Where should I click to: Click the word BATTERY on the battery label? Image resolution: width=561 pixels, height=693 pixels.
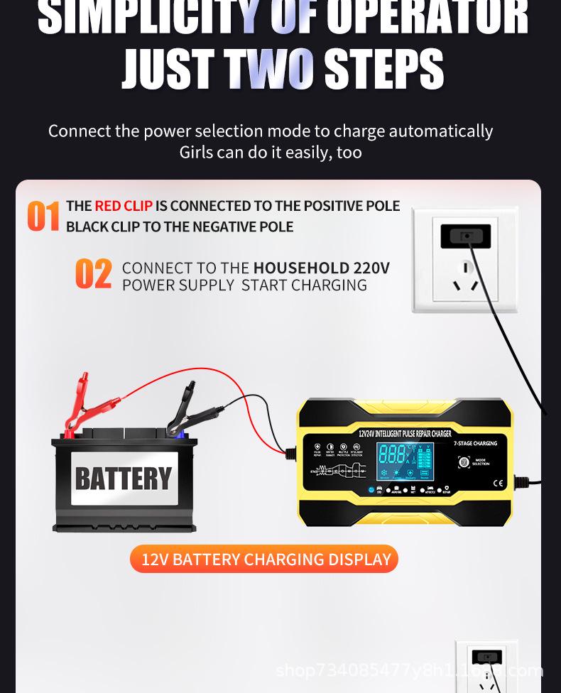[124, 479]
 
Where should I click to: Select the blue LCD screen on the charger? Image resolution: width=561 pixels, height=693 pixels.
[404, 462]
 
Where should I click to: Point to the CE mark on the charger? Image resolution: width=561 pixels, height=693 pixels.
[497, 484]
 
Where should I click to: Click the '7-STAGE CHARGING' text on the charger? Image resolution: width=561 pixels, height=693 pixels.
[475, 444]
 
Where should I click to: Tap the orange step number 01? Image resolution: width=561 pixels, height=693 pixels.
[43, 216]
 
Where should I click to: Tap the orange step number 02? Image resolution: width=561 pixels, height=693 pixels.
[94, 275]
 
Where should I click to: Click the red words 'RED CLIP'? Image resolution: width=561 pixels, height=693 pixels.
[124, 206]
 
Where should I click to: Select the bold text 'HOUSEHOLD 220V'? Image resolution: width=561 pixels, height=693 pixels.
[322, 268]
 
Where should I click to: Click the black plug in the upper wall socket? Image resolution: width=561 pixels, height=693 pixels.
[465, 236]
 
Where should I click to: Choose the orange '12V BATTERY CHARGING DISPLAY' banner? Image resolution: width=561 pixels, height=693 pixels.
[264, 560]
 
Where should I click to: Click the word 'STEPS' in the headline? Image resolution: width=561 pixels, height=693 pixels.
[383, 70]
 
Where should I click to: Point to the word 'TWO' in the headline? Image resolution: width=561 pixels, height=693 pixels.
[270, 70]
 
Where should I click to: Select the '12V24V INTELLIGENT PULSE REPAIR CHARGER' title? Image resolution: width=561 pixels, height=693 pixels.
[405, 433]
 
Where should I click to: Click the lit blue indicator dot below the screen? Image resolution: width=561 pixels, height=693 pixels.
[371, 489]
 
